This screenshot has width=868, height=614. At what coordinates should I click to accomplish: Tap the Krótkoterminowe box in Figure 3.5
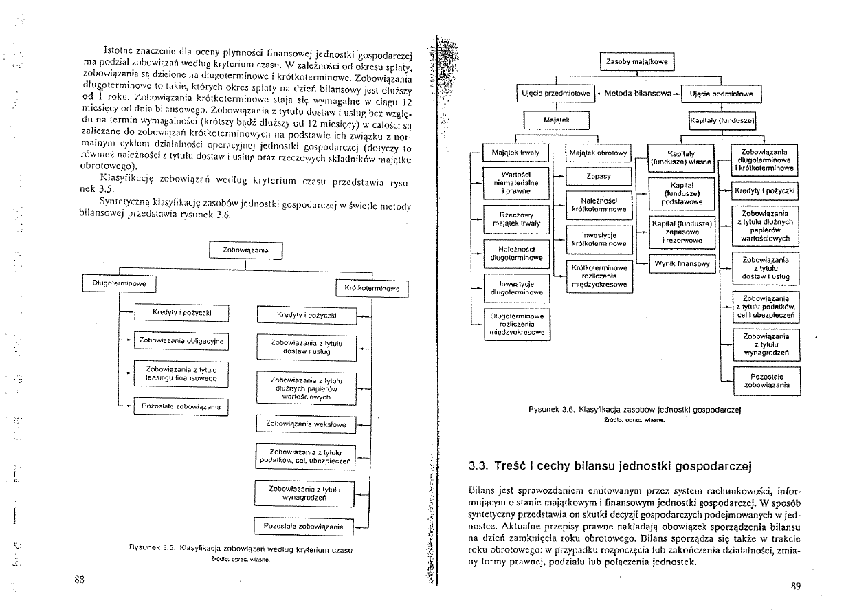[x=372, y=289]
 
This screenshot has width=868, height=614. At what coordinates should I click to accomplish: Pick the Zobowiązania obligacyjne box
[x=181, y=340]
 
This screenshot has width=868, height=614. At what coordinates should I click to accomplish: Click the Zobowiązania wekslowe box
[x=306, y=425]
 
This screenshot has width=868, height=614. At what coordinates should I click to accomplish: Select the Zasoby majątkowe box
[x=637, y=62]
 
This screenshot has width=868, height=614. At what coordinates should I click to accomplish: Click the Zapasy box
[x=599, y=176]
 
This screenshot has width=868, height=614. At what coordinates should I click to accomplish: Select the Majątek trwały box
[x=516, y=152]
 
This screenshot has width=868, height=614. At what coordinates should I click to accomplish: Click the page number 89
[x=797, y=586]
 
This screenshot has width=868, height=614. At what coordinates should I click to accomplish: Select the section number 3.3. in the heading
[x=478, y=466]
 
